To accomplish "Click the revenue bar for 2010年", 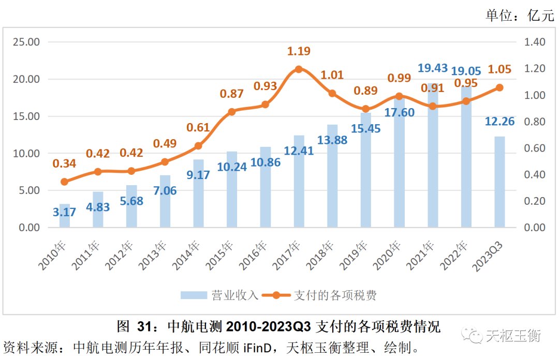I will [64, 216].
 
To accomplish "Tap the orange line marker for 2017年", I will [298, 69].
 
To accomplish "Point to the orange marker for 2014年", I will [198, 146].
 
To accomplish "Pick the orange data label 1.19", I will [299, 51].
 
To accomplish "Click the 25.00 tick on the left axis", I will [26, 42].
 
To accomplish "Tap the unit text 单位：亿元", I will [519, 16].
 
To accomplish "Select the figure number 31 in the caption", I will [145, 327].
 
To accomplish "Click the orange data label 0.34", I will [64, 164].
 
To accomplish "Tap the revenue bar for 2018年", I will [332, 176].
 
